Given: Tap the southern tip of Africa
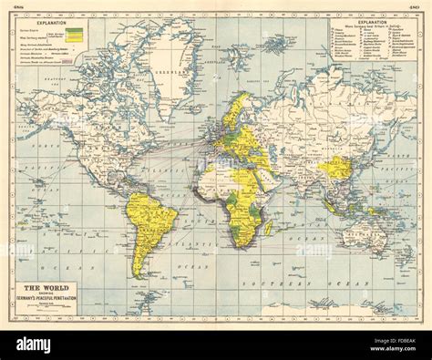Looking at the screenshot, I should coord(242,247).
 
